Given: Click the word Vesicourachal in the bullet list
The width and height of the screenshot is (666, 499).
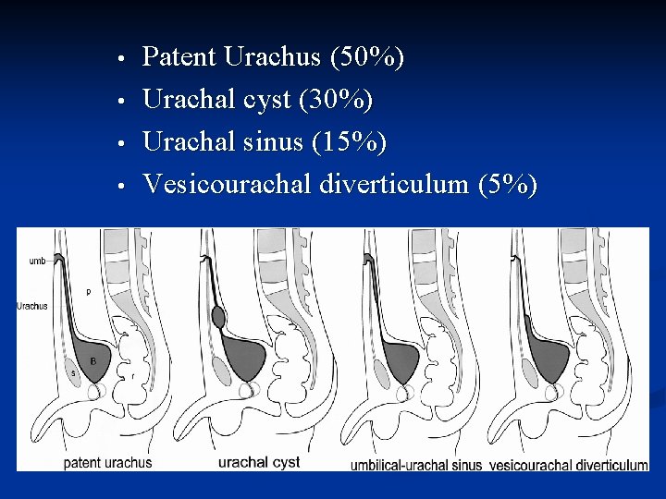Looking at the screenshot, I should [x=227, y=185].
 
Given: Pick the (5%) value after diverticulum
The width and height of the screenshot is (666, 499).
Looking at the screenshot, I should [x=507, y=185].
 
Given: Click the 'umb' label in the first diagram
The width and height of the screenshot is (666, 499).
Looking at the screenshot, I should [x=37, y=262].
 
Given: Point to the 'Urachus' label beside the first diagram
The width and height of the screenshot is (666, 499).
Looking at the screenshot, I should [x=32, y=306].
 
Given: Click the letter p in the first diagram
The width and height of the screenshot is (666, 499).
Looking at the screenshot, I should [x=88, y=292].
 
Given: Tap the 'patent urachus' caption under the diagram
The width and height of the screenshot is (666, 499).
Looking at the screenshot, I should [x=107, y=462].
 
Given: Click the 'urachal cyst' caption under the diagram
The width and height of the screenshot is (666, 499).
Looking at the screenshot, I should [x=259, y=462].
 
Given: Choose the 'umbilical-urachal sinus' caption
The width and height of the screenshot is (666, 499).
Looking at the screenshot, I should [x=416, y=465].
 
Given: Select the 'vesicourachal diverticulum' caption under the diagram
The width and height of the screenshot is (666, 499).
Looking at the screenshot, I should [x=569, y=465].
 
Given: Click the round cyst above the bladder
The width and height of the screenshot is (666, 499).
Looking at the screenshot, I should [x=218, y=318].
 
